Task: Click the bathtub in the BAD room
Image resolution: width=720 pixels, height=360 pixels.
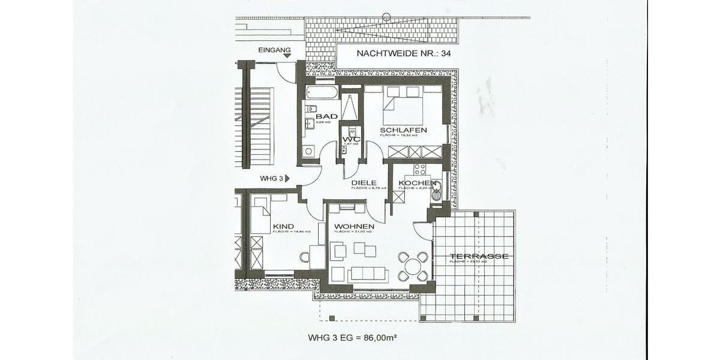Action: point(322,93)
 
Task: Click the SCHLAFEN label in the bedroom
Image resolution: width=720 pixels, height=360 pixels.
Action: point(403,130)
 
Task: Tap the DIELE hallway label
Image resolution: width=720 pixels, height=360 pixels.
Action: point(364,182)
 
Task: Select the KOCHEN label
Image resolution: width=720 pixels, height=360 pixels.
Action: point(413,182)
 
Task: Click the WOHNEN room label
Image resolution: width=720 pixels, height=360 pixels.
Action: point(354,226)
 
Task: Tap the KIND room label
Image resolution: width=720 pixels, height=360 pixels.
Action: point(283,226)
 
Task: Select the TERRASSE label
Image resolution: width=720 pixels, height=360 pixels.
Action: point(479,256)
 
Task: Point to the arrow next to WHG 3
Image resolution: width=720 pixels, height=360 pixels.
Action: point(287,178)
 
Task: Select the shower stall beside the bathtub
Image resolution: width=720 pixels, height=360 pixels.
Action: point(350,105)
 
